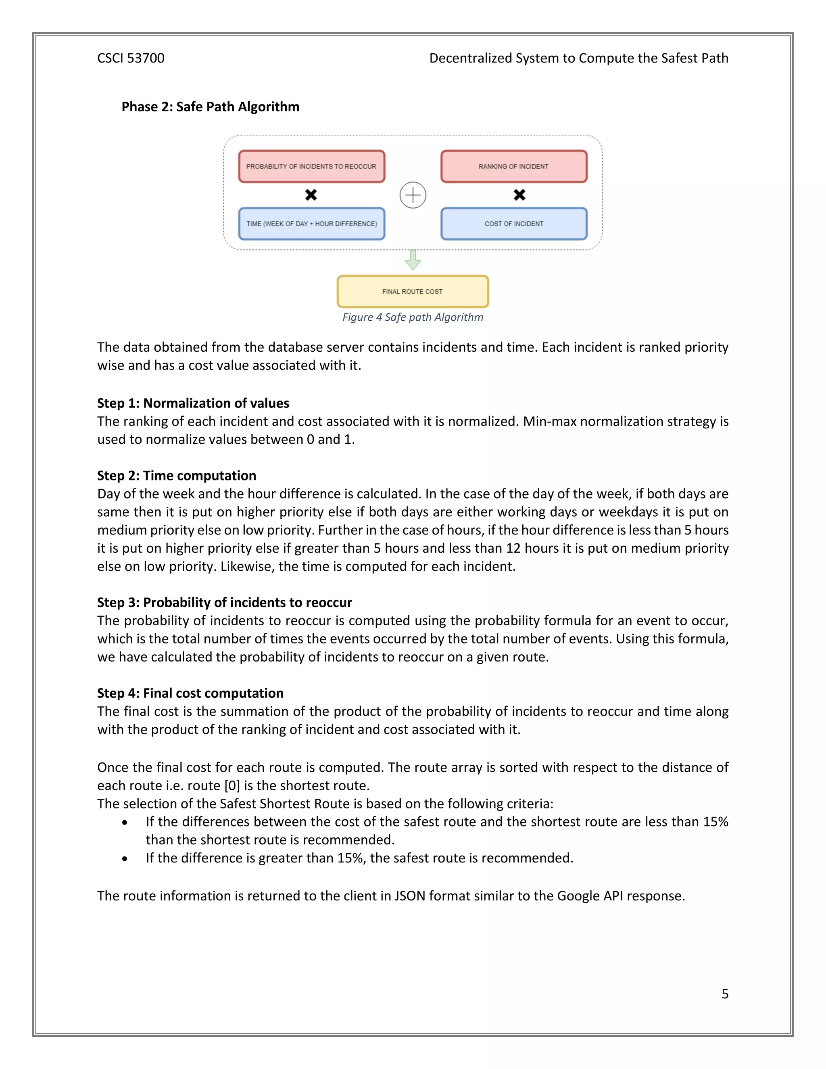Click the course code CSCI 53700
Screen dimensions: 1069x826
click(131, 58)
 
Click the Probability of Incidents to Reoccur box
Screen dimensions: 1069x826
click(311, 167)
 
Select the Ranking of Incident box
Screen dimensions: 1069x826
click(513, 167)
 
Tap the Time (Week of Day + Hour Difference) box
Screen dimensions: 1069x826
click(311, 224)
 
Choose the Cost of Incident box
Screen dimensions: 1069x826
click(513, 224)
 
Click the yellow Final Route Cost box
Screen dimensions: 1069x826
click(412, 291)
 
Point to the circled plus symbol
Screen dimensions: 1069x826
click(413, 195)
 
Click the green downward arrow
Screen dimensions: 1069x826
click(413, 261)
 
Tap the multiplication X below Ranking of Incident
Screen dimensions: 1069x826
click(519, 195)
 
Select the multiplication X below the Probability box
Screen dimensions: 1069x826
click(311, 195)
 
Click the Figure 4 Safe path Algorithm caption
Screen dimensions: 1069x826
click(412, 317)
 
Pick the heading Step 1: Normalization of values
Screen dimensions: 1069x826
click(193, 403)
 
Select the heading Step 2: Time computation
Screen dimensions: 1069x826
click(176, 475)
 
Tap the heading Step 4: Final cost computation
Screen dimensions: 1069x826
click(190, 693)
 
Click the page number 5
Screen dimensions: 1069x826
click(724, 993)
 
